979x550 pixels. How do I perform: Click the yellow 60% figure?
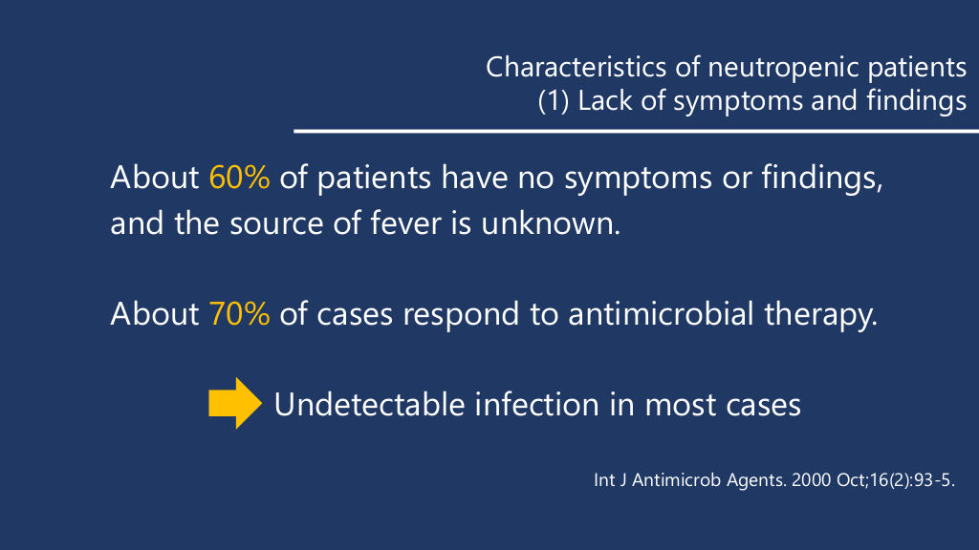(x=239, y=178)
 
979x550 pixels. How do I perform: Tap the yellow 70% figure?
(x=239, y=313)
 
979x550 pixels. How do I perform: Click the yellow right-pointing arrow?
(x=235, y=403)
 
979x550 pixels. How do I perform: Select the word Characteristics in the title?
(x=577, y=68)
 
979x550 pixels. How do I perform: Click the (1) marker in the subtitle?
(x=554, y=101)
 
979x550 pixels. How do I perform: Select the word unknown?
(x=551, y=223)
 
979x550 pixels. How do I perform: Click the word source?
(x=276, y=224)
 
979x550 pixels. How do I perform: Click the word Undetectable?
(x=370, y=404)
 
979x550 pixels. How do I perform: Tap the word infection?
(x=537, y=404)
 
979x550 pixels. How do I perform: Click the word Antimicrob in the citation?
(x=676, y=480)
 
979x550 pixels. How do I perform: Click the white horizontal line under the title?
(x=636, y=131)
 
